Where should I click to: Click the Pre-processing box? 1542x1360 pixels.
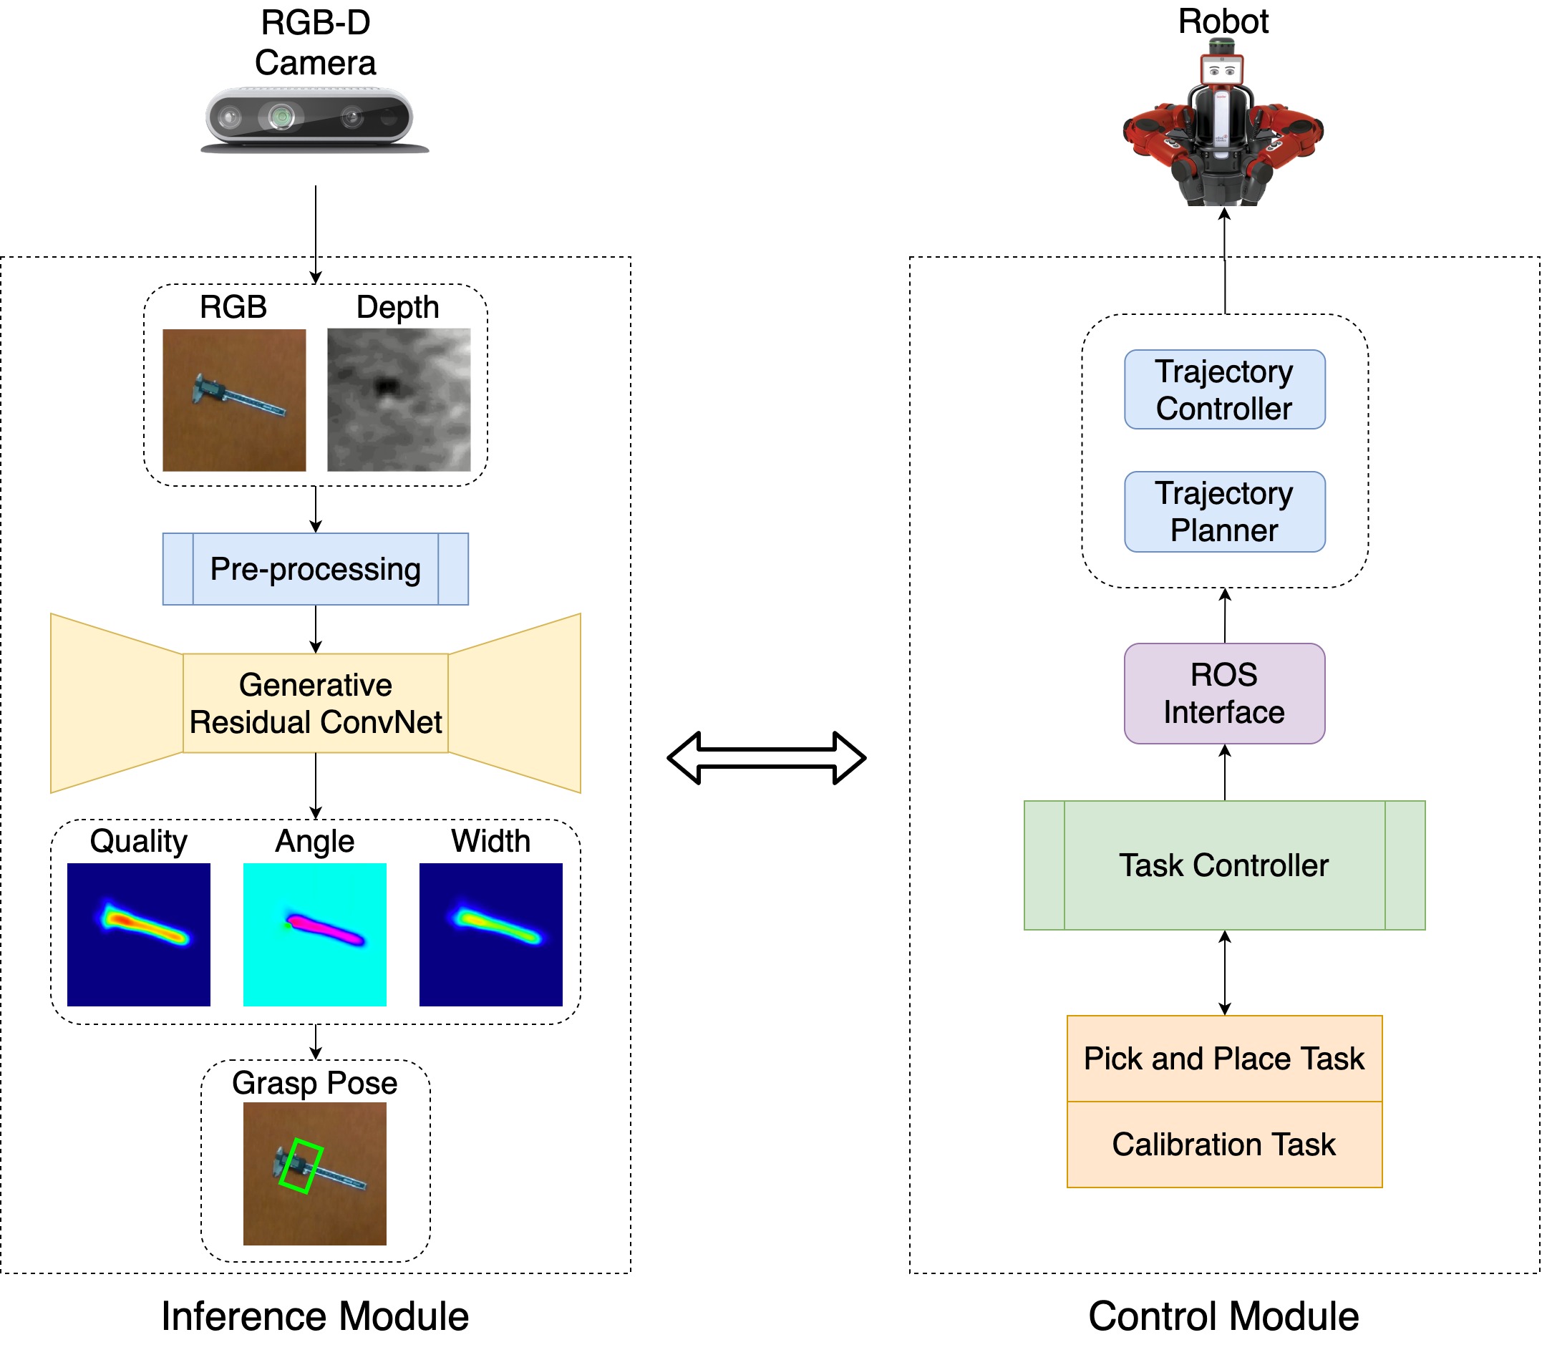pyautogui.click(x=315, y=569)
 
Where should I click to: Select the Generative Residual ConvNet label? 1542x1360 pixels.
pyautogui.click(x=315, y=703)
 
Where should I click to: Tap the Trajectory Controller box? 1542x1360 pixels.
pyautogui.click(x=1223, y=389)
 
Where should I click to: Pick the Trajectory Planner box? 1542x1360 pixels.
pyautogui.click(x=1223, y=511)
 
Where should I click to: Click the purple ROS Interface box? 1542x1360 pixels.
pyautogui.click(x=1223, y=693)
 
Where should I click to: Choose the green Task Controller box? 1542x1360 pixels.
pyautogui.click(x=1223, y=865)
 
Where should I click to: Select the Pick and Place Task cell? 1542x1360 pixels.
pyautogui.click(x=1223, y=1058)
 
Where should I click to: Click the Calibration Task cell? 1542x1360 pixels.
pyautogui.click(x=1223, y=1145)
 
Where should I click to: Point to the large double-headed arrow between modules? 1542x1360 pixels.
pyautogui.click(x=767, y=757)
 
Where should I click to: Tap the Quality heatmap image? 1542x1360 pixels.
pyautogui.click(x=139, y=934)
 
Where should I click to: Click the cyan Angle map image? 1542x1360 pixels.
pyautogui.click(x=314, y=934)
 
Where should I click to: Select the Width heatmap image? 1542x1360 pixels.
pyautogui.click(x=490, y=934)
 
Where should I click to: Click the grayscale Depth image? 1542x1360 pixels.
pyautogui.click(x=398, y=400)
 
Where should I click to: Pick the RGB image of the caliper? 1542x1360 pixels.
pyautogui.click(x=234, y=400)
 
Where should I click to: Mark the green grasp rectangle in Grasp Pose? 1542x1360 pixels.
pyautogui.click(x=300, y=1165)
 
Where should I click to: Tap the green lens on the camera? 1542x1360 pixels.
pyautogui.click(x=281, y=117)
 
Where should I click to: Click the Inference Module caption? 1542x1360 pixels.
pyautogui.click(x=314, y=1316)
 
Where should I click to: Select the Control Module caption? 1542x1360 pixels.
pyautogui.click(x=1223, y=1316)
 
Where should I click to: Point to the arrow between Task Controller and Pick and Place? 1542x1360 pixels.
pyautogui.click(x=1224, y=972)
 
